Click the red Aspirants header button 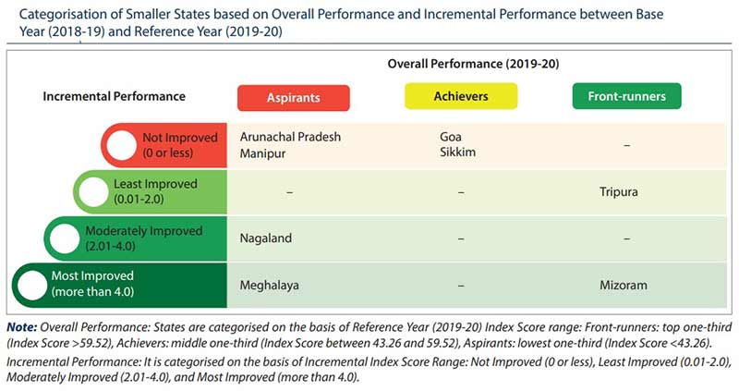[293, 98]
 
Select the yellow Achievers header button [461, 96]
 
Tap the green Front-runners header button [627, 96]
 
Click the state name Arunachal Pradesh [290, 137]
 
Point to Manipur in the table [262, 153]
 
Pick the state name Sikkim [458, 153]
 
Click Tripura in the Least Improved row [618, 192]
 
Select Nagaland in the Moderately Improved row [266, 238]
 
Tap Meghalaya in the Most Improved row [270, 286]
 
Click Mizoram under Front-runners [622, 286]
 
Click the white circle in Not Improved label [121, 145]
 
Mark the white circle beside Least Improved [94, 191]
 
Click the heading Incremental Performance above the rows [115, 96]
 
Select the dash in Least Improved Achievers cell [460, 192]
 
